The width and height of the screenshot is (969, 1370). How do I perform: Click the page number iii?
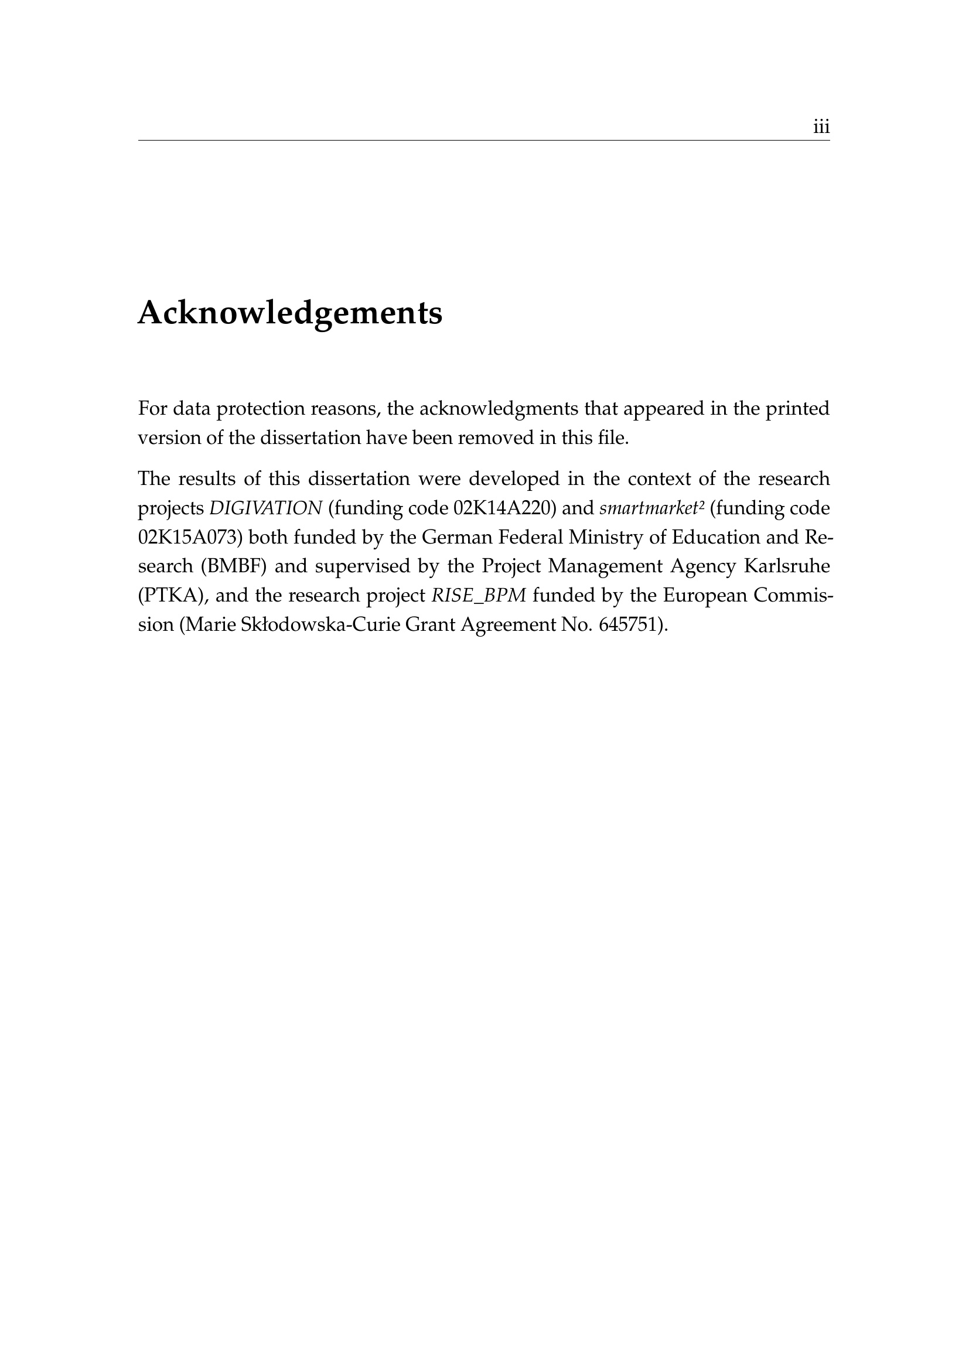[x=821, y=127]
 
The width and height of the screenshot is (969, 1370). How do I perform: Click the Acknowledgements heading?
[x=290, y=313]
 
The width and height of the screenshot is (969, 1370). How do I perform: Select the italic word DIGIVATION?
[x=265, y=508]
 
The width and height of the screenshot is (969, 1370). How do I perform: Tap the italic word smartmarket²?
[x=651, y=508]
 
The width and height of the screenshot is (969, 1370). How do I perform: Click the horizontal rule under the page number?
[x=484, y=141]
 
